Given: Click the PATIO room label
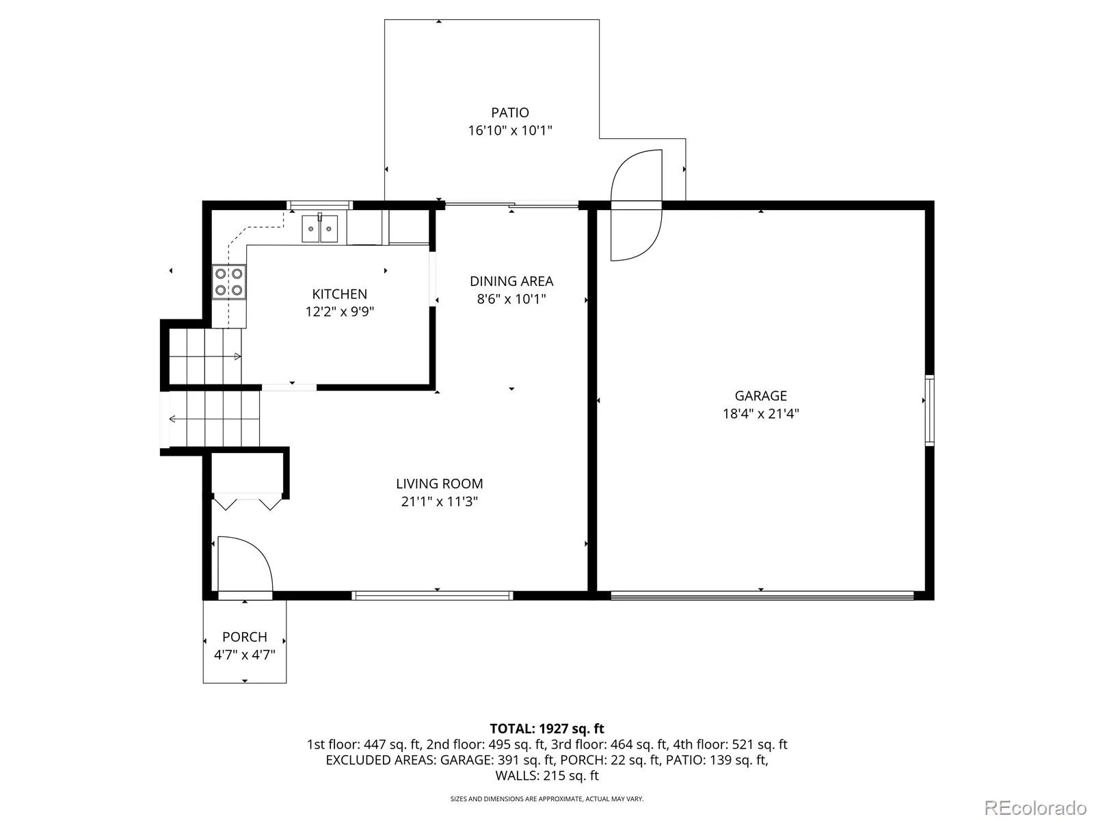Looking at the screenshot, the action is tap(509, 113).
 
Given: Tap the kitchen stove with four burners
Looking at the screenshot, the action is tap(229, 282).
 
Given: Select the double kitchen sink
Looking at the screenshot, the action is tap(319, 229).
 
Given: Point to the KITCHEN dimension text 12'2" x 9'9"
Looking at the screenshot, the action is tap(339, 311).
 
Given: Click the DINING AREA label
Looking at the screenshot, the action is tap(511, 281).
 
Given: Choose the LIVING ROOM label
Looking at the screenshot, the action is tap(439, 484).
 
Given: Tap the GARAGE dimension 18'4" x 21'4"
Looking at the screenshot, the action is tap(760, 414).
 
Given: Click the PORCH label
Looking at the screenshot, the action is tap(245, 637).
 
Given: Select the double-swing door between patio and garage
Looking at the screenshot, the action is tap(637, 205).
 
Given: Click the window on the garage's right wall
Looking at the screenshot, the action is tap(929, 410).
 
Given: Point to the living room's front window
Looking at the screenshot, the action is tap(432, 595).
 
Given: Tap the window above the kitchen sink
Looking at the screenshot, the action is tap(320, 205).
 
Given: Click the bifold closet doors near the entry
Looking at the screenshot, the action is tap(248, 501).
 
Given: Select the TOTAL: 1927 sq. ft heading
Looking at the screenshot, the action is tap(547, 729).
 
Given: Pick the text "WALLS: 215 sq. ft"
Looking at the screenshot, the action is tap(547, 776).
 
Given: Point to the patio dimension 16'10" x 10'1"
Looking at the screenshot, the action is tap(510, 131).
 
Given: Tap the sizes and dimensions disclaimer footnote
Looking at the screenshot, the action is tap(547, 799).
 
